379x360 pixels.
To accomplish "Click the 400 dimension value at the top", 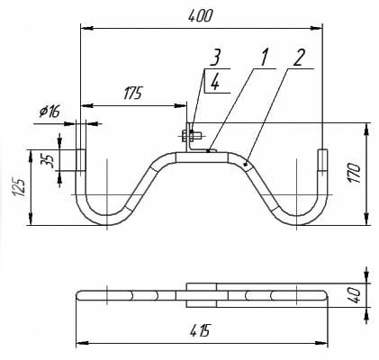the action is tap(200, 16).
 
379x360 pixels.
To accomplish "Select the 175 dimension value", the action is tap(132, 94).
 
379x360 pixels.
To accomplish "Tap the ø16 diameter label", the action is tap(50, 112).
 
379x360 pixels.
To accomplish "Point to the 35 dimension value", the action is tap(50, 160).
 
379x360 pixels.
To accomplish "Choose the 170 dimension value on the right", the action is tap(354, 173).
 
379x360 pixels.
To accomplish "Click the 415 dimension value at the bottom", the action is tap(200, 330).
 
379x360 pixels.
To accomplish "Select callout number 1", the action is tap(263, 58).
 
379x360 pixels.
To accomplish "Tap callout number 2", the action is tap(299, 58).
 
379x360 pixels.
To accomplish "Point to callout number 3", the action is tap(215, 58).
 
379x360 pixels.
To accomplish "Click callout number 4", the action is tap(215, 82).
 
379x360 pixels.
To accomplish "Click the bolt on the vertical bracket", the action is tap(191, 137).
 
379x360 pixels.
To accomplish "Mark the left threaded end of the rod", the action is tap(80, 160).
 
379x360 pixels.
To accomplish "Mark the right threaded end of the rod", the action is tap(323, 160).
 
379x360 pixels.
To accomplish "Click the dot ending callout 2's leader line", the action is tap(246, 164).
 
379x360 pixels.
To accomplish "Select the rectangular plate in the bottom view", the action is tap(202, 295).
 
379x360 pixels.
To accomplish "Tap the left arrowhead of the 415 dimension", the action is tap(81, 343).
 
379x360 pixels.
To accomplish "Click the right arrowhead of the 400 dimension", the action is tap(317, 28).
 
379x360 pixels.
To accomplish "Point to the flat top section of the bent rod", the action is tap(202, 157).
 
